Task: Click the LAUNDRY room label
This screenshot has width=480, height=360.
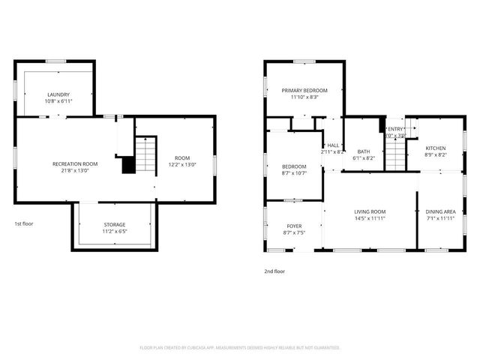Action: click(x=58, y=94)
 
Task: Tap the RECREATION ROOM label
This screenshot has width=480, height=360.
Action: click(x=75, y=163)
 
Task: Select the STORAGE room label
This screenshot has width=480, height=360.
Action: click(x=115, y=224)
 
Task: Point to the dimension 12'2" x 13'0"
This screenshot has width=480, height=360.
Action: click(x=183, y=164)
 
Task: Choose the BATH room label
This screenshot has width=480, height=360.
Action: click(x=363, y=151)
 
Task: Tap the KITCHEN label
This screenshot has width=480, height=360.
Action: click(x=436, y=148)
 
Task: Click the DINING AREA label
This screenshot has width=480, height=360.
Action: click(x=440, y=211)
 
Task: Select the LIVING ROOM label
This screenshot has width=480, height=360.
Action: click(x=370, y=211)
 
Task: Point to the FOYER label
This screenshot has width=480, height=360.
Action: click(x=294, y=226)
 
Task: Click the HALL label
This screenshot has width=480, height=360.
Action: click(x=334, y=145)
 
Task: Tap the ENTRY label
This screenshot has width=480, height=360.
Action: click(x=395, y=129)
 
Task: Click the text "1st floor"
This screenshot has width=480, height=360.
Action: click(x=24, y=223)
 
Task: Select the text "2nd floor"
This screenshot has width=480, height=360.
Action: click(x=274, y=271)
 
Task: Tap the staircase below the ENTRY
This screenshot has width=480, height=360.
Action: click(x=394, y=154)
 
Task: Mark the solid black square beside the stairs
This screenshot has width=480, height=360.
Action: click(x=128, y=165)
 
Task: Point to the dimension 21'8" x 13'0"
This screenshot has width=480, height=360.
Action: click(x=75, y=170)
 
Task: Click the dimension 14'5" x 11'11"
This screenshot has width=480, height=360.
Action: click(x=370, y=218)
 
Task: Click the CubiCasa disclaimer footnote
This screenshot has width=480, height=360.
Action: click(x=240, y=347)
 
